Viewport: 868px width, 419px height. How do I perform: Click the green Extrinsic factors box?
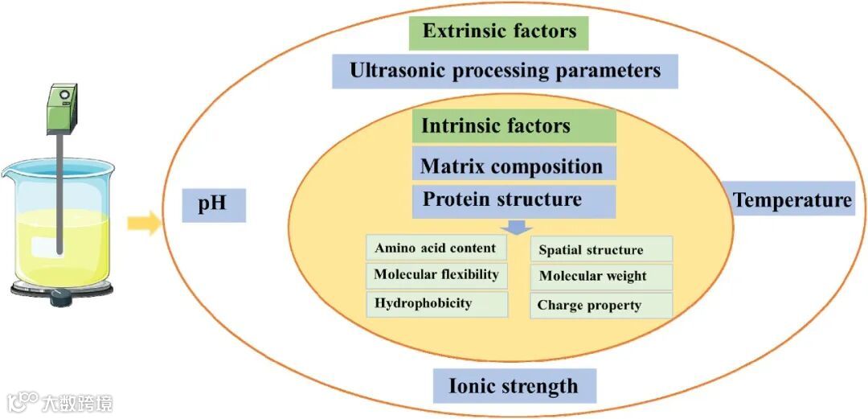(x=498, y=32)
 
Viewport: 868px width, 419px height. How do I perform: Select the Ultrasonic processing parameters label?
(x=505, y=71)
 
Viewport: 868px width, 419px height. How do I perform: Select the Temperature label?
(x=792, y=199)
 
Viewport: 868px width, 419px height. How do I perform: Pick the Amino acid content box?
(x=436, y=248)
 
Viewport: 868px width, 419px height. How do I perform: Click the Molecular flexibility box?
(x=436, y=275)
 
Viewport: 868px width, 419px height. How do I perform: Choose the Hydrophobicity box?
(x=436, y=303)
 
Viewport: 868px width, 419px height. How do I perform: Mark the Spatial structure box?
(x=600, y=249)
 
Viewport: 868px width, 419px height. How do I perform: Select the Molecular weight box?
(x=600, y=277)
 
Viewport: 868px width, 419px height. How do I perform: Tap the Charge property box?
(x=600, y=305)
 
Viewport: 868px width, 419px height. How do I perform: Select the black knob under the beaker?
(x=61, y=299)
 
